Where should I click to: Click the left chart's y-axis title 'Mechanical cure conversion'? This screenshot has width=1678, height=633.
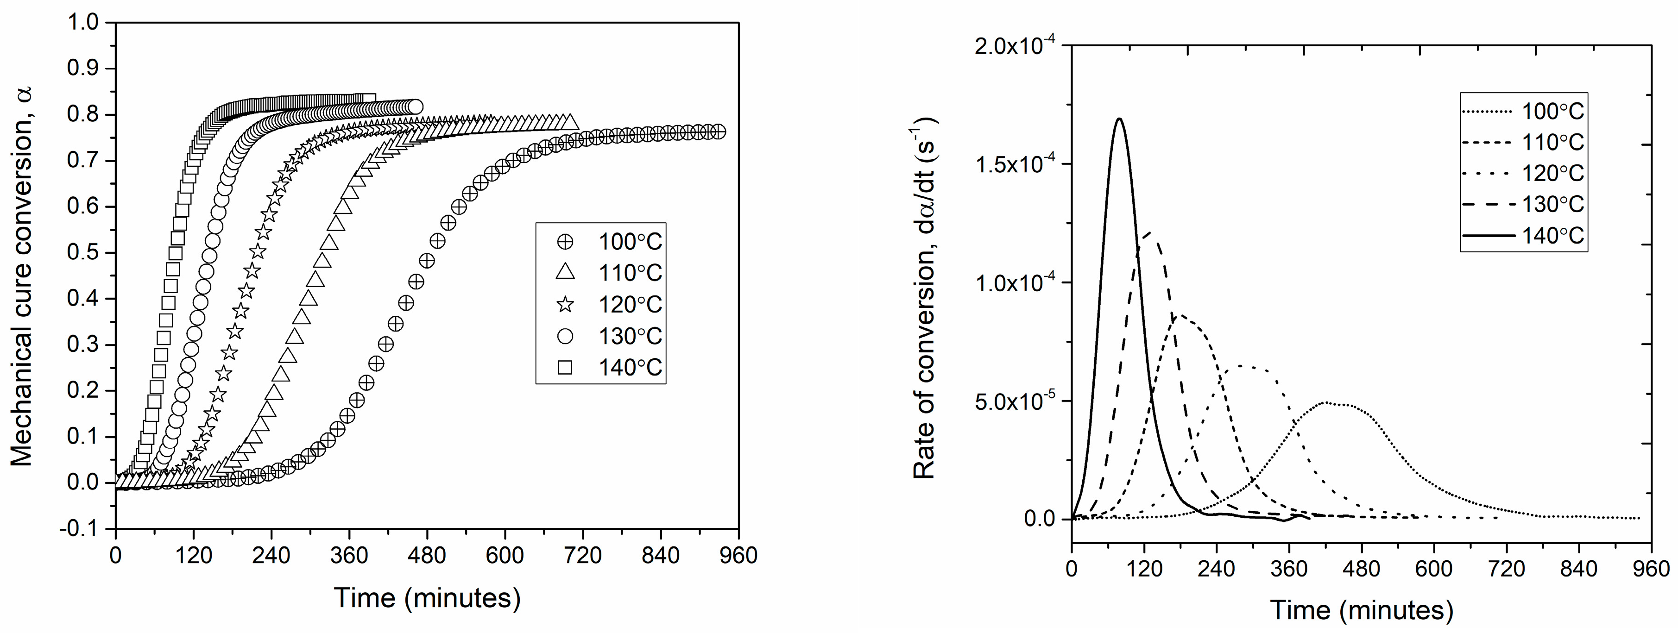(x=21, y=277)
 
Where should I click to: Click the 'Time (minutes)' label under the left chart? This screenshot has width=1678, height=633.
(x=427, y=598)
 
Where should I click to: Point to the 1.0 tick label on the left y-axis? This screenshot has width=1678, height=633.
(x=83, y=23)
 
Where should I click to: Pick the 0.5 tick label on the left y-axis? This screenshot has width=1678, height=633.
(x=83, y=253)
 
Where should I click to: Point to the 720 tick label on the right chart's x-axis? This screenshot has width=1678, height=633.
(x=1507, y=569)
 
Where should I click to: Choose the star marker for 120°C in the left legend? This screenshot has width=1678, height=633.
(x=565, y=304)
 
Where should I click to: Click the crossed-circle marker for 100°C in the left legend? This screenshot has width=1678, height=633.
(x=565, y=242)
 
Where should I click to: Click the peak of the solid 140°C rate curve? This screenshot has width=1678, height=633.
(x=1119, y=119)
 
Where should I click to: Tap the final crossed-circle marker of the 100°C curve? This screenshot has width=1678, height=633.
(x=718, y=132)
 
